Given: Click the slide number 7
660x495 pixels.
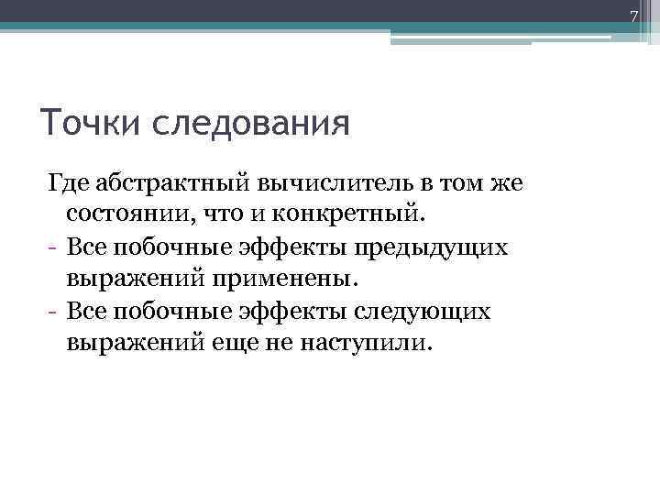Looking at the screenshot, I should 632,16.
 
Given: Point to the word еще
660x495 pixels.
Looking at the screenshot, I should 245,343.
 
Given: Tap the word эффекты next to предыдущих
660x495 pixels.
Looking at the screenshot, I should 277,247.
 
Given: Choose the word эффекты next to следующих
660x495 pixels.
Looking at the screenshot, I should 277,311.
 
